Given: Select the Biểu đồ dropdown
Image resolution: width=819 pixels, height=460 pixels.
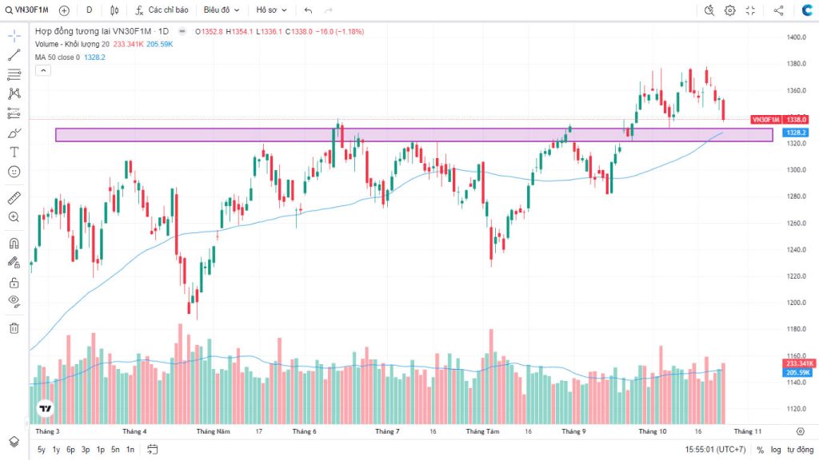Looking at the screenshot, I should click(x=221, y=10).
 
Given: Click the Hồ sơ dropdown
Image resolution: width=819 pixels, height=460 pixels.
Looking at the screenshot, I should click(x=271, y=10).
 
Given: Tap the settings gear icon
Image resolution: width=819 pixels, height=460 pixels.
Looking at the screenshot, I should click(x=729, y=10).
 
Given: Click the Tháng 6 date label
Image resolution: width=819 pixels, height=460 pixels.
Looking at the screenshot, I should click(x=304, y=431).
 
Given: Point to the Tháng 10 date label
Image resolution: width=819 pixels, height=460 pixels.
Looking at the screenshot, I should click(x=652, y=431).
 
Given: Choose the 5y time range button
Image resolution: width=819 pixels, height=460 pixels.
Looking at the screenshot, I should click(x=42, y=450).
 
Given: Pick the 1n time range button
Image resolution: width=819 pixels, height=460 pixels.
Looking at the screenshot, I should click(x=130, y=450).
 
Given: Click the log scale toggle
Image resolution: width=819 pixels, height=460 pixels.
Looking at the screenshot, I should click(x=776, y=450).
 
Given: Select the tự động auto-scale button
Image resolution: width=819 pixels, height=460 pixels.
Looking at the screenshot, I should click(x=800, y=450).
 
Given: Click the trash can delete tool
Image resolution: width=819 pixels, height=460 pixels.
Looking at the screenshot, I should click(x=14, y=327).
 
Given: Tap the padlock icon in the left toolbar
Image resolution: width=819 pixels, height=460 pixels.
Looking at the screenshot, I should click(x=14, y=282).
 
